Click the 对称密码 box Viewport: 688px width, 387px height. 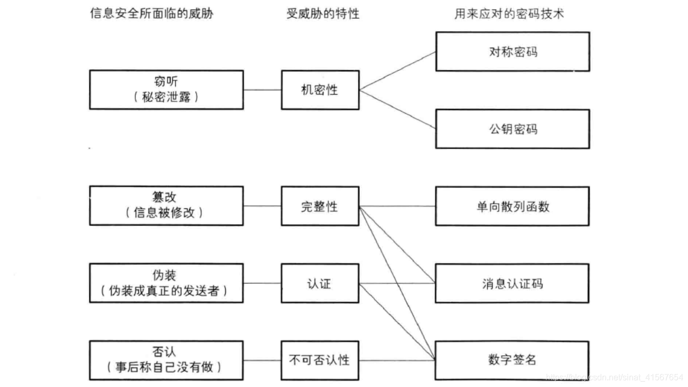pos(512,51)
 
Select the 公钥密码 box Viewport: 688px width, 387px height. pos(512,129)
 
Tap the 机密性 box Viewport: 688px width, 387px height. pos(320,90)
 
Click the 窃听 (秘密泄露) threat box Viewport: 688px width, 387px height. pos(166,90)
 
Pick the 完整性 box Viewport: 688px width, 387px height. pos(320,206)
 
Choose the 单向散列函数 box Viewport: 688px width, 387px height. pos(512,206)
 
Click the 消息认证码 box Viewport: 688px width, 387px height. pos(512,283)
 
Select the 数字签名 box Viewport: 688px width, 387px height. pos(512,360)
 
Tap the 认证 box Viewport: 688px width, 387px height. pos(320,283)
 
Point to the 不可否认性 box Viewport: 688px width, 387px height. pos(320,360)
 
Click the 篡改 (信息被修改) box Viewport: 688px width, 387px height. pos(166,206)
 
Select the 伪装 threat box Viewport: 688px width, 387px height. pos(166,283)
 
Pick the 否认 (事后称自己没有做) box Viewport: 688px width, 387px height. pos(166,360)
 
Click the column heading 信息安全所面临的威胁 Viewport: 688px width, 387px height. pos(152,14)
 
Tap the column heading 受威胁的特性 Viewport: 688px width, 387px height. pos(323,14)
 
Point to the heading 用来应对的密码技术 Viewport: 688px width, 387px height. pos(509,14)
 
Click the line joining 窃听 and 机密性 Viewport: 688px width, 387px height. pos(262,90)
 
